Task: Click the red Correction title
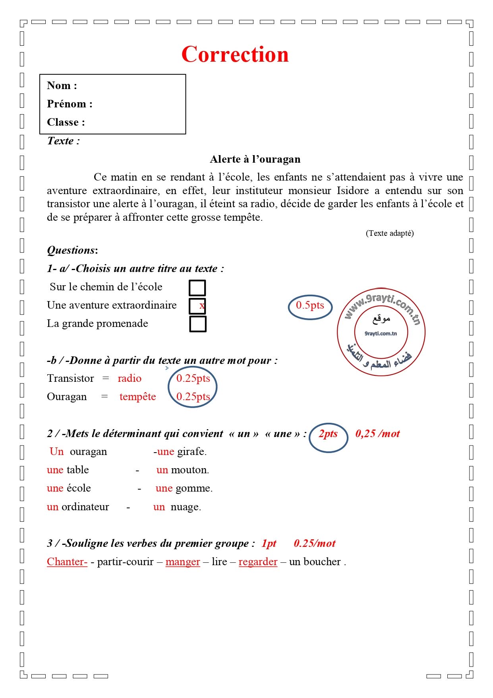pyautogui.click(x=235, y=54)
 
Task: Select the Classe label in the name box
pyautogui.click(x=66, y=122)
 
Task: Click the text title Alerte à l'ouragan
pyautogui.click(x=255, y=159)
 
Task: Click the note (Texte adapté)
pyautogui.click(x=389, y=233)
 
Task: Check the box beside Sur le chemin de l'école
pyautogui.click(x=197, y=288)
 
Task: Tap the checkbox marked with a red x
pyautogui.click(x=197, y=306)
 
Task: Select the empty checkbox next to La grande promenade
pyautogui.click(x=197, y=324)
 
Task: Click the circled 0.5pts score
pyautogui.click(x=310, y=305)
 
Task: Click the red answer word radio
pyautogui.click(x=130, y=379)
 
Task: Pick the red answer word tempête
pyautogui.click(x=137, y=397)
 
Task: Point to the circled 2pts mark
pyautogui.click(x=328, y=434)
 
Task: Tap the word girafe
pyautogui.click(x=191, y=452)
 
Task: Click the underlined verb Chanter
pyautogui.click(x=67, y=562)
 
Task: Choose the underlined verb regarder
pyautogui.click(x=258, y=562)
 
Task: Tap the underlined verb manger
pyautogui.click(x=183, y=562)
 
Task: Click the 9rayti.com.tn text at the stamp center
pyautogui.click(x=381, y=334)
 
